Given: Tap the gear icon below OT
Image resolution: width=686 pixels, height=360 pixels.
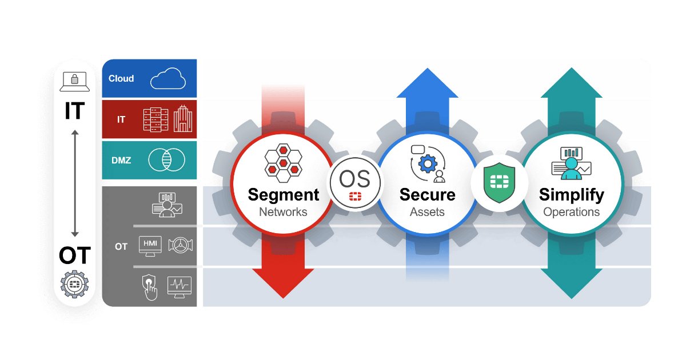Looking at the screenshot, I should point(74,284).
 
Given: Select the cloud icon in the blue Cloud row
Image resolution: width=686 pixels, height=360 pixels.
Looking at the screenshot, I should point(168,79).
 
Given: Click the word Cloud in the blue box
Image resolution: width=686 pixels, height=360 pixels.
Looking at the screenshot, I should point(121,79).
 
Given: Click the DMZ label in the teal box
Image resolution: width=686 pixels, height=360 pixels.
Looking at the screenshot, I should point(121,161).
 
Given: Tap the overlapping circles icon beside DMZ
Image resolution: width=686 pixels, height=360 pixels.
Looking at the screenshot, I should point(162,161).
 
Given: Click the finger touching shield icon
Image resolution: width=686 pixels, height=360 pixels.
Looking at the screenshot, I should point(150,286).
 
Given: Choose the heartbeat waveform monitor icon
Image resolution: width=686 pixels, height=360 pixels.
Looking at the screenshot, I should point(179,286).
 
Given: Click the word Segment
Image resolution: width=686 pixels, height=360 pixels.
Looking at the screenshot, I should point(283,195).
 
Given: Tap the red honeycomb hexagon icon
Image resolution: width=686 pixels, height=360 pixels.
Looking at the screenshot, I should point(282,161).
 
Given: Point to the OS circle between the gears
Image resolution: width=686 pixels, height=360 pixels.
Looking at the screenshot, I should point(354,183).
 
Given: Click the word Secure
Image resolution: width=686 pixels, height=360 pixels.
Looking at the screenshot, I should point(427,195).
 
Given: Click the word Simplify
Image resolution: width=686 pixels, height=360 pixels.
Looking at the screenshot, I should point(571,195).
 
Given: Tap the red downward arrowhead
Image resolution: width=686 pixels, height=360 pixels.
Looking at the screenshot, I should point(283,280).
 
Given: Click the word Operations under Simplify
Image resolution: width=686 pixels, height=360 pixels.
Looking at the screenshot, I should point(571,212).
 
